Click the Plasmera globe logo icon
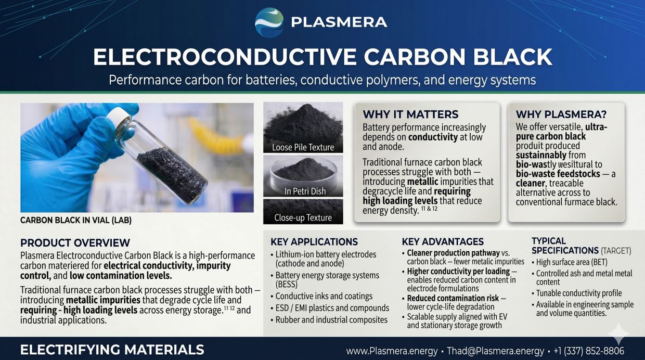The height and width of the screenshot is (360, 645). (269, 22)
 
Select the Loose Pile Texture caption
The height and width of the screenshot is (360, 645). (303, 147)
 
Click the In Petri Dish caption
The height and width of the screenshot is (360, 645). (305, 191)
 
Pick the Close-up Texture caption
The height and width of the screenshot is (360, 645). (303, 218)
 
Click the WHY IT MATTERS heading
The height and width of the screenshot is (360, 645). (410, 114)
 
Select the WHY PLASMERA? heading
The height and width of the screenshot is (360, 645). (561, 114)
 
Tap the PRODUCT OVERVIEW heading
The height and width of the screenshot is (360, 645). (75, 243)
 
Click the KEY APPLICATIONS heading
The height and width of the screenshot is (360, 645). (314, 241)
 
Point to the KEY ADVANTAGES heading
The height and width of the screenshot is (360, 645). (443, 241)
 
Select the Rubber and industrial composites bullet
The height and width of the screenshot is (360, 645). (329, 319)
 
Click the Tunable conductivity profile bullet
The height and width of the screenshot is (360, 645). (576, 293)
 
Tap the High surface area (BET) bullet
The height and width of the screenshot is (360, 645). (570, 262)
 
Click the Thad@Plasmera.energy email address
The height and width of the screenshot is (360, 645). (495, 351)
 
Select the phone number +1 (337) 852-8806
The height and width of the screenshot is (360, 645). (589, 351)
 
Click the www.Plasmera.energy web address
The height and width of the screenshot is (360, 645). (392, 351)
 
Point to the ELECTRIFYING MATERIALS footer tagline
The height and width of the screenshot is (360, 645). (112, 350)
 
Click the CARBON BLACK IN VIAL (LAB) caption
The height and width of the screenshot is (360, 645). (76, 221)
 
